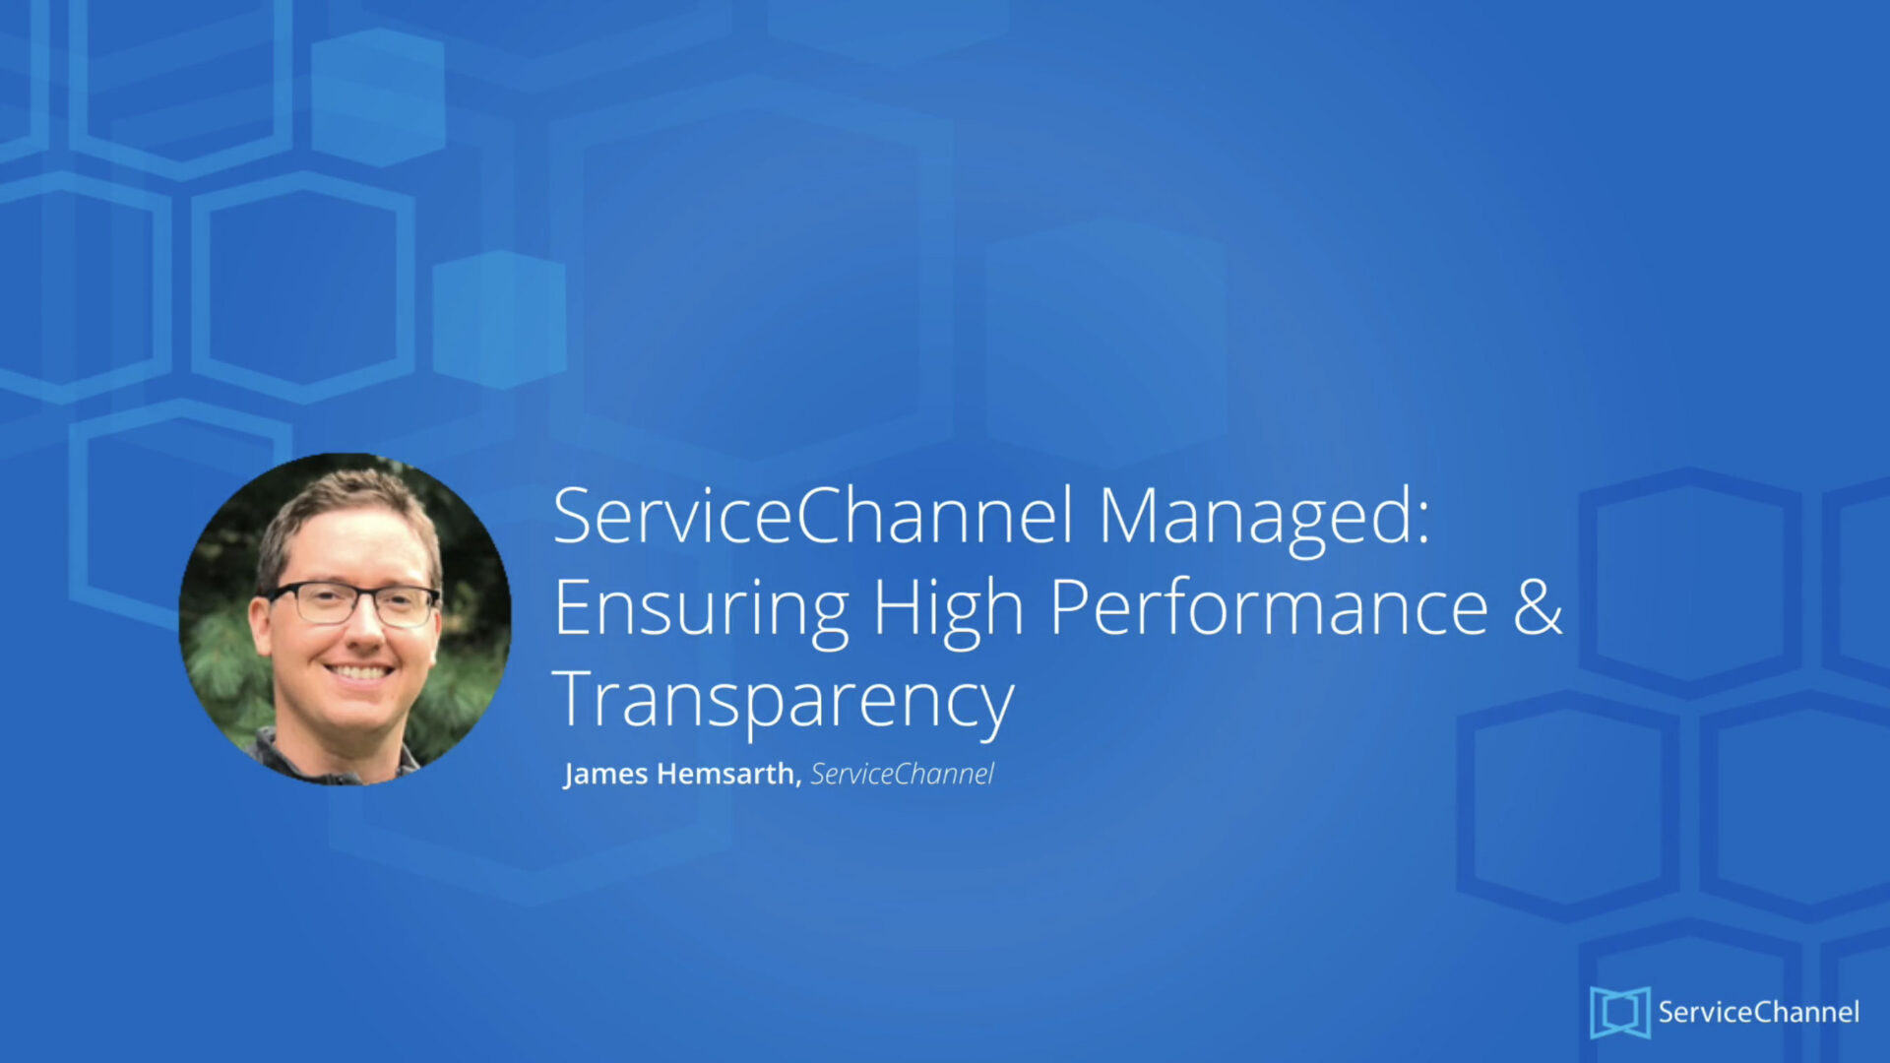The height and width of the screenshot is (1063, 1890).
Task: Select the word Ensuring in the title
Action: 701,610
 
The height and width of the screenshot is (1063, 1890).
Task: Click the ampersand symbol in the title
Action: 1538,606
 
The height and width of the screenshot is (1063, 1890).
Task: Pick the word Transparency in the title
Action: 784,701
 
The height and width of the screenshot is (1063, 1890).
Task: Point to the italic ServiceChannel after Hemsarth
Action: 903,774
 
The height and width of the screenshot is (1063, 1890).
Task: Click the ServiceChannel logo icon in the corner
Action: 1619,1012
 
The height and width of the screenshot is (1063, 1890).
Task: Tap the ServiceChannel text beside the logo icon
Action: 1759,1012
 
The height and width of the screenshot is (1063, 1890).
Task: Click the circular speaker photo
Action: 345,619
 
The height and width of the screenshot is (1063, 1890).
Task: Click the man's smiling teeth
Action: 359,673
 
